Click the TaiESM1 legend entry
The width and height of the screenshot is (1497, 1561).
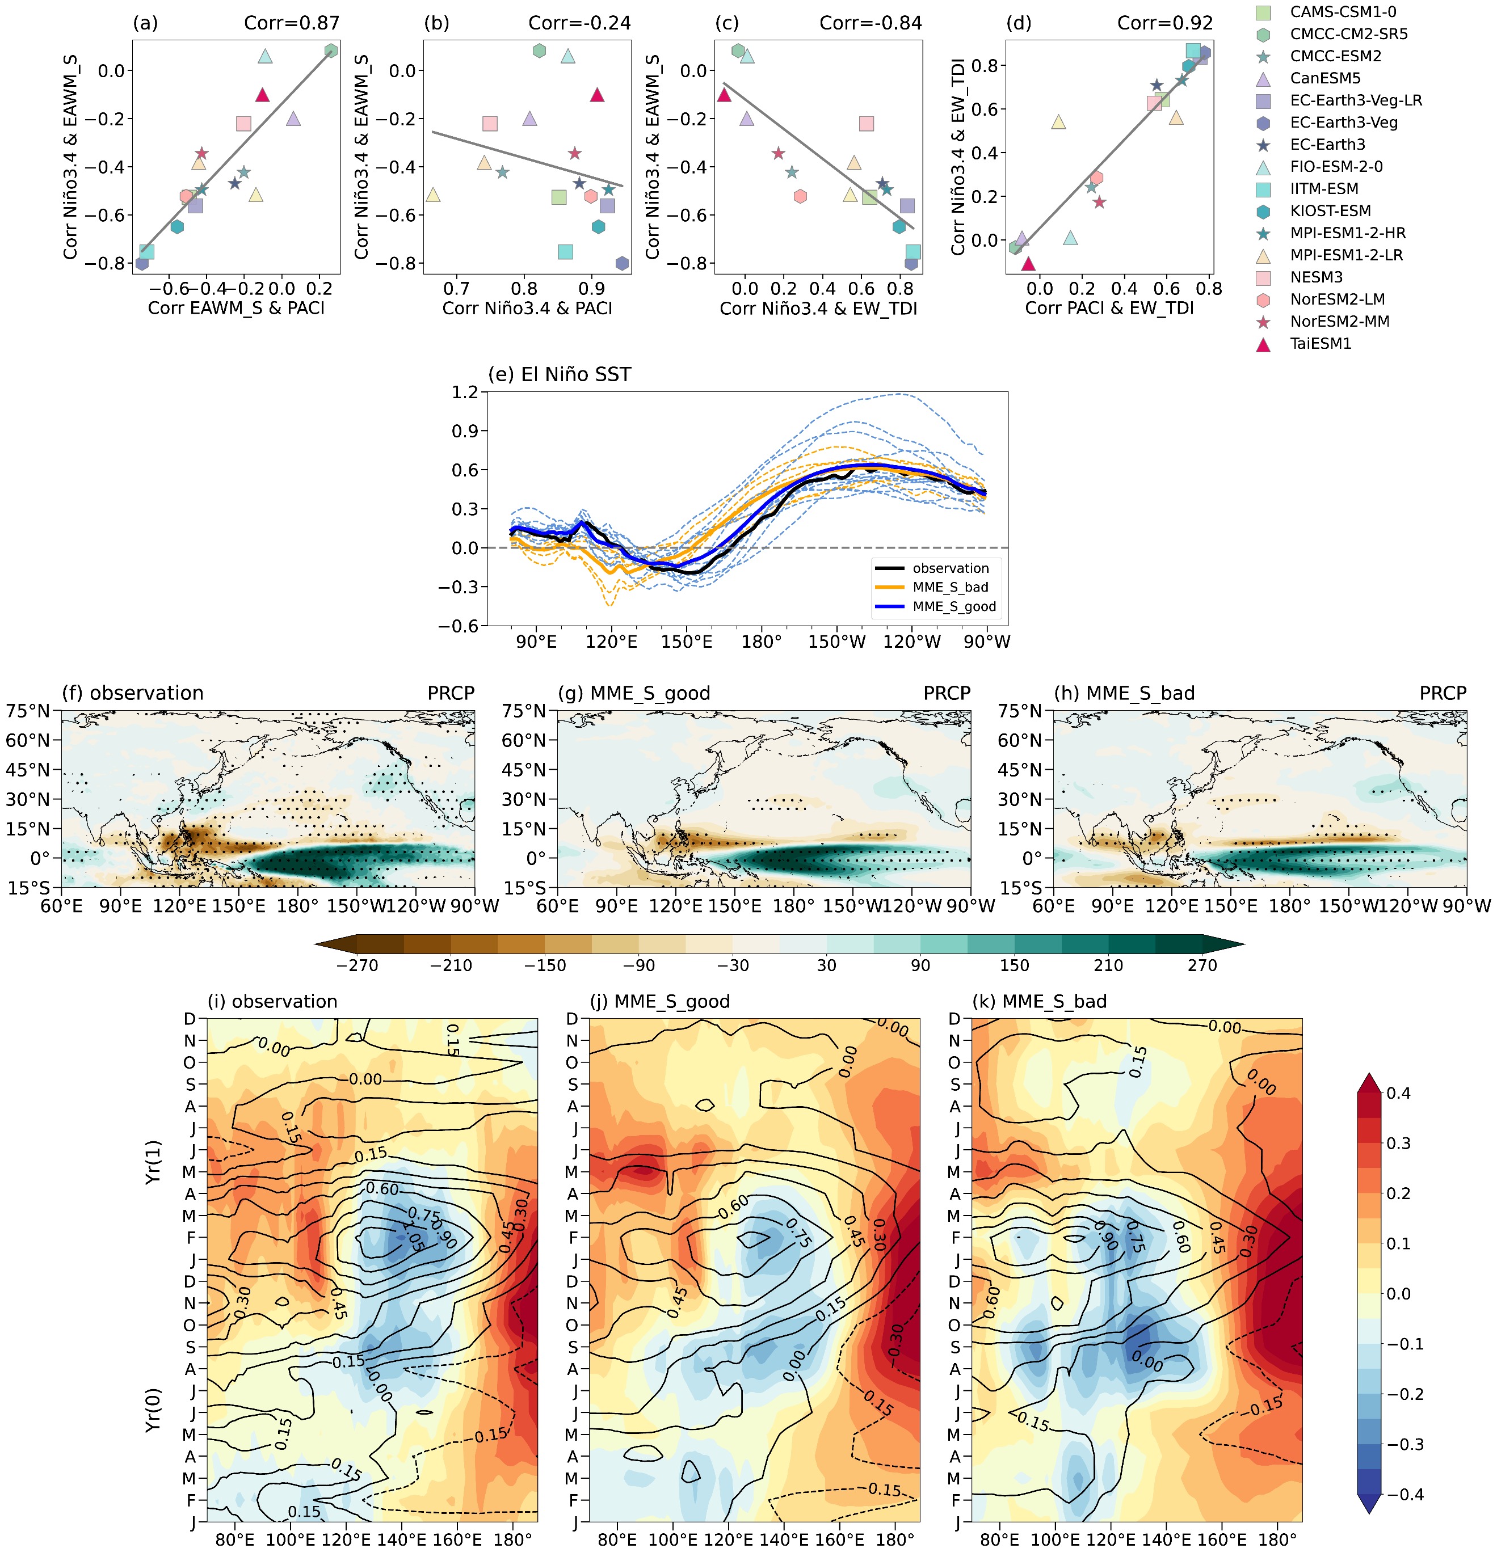[x=1320, y=344]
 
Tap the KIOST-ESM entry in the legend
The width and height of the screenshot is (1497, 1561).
[x=1331, y=211]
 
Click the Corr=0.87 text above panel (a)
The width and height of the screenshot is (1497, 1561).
[x=292, y=23]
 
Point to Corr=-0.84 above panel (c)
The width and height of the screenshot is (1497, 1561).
[x=871, y=23]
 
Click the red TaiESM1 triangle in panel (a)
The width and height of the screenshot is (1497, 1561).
[x=263, y=95]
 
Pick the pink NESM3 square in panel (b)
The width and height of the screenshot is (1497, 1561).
[x=490, y=124]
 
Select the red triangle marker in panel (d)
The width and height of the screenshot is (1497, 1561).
[x=1028, y=264]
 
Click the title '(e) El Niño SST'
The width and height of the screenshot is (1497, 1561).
[x=560, y=374]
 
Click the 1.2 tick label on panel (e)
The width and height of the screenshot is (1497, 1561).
[x=464, y=392]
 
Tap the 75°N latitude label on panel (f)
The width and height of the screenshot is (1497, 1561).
[x=28, y=710]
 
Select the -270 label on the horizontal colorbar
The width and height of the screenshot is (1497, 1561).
[x=357, y=965]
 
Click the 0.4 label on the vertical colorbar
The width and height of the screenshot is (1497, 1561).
[x=1398, y=1092]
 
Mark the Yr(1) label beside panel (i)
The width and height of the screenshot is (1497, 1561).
[x=154, y=1162]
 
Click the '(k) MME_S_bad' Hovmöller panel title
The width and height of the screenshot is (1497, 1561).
[x=1039, y=1001]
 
